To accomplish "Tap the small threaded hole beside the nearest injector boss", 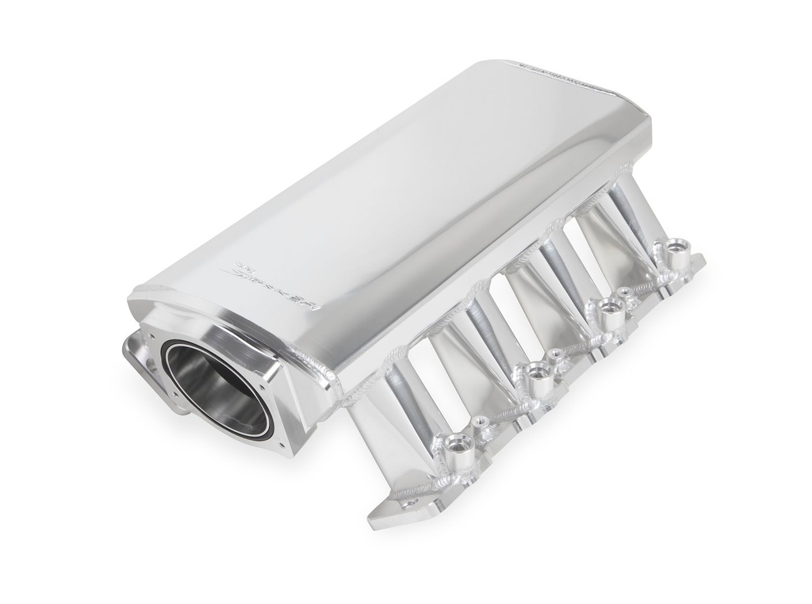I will [481, 422].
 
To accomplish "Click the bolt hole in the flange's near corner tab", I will [408, 502].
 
